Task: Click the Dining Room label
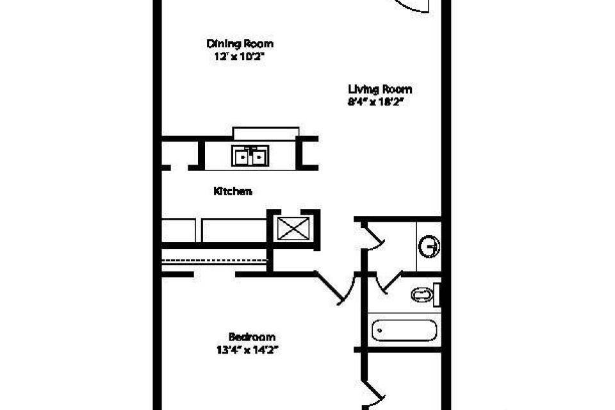click(240, 44)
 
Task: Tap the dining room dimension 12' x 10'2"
click(240, 56)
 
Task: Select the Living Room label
click(380, 90)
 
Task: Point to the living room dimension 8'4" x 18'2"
click(376, 102)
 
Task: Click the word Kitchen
click(233, 191)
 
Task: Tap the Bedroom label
click(252, 336)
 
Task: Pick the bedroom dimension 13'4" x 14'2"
click(247, 350)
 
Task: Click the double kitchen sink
click(250, 156)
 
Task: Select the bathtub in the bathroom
click(404, 331)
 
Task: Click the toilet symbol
click(425, 294)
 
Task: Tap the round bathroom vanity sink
click(429, 247)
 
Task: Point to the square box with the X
click(293, 228)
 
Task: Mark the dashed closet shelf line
click(215, 260)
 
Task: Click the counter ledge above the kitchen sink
click(266, 133)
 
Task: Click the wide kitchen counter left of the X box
click(234, 231)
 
